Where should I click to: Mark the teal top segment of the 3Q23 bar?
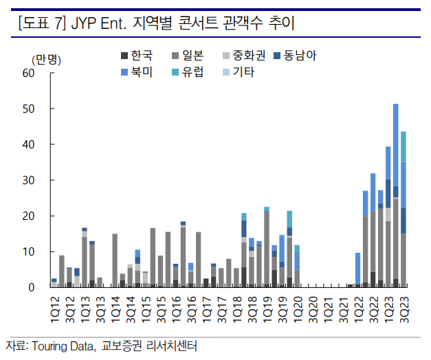[x=404, y=146]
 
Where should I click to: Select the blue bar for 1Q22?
[x=358, y=268]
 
